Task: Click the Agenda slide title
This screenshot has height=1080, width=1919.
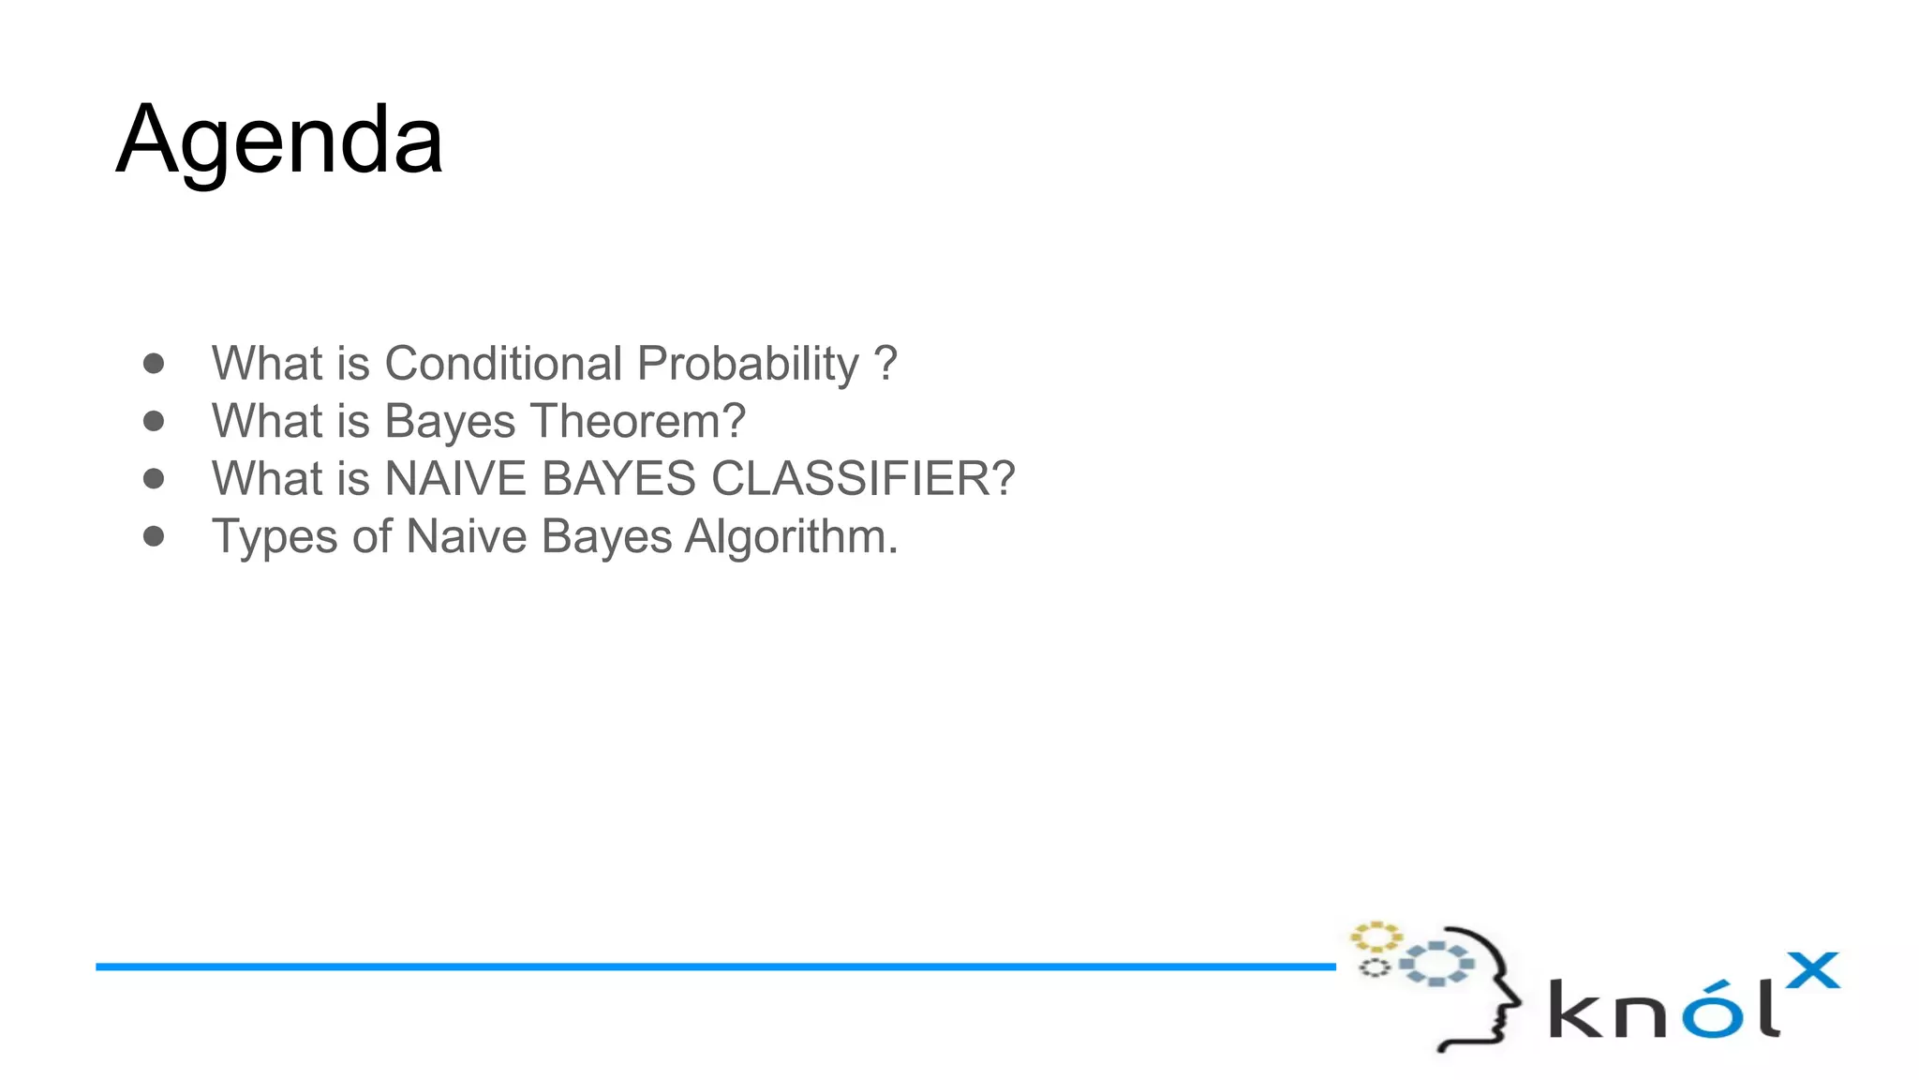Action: [279, 141]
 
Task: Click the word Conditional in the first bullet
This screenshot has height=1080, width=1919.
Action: [503, 364]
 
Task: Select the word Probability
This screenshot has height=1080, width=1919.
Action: [748, 364]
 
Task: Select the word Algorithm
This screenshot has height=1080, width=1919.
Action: [791, 537]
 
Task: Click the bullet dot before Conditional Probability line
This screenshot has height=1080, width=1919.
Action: [154, 363]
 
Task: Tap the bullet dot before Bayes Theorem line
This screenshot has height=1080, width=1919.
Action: [154, 421]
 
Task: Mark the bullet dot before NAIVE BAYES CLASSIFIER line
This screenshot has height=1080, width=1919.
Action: [154, 479]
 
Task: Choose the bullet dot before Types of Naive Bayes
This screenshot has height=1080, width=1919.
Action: [154, 536]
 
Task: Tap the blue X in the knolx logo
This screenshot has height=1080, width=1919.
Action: [1812, 971]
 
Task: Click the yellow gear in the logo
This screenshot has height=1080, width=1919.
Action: [1376, 937]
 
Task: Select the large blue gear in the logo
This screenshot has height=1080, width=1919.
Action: [1436, 964]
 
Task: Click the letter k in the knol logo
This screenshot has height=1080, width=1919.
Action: [1574, 1009]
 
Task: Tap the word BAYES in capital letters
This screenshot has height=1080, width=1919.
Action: [618, 479]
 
